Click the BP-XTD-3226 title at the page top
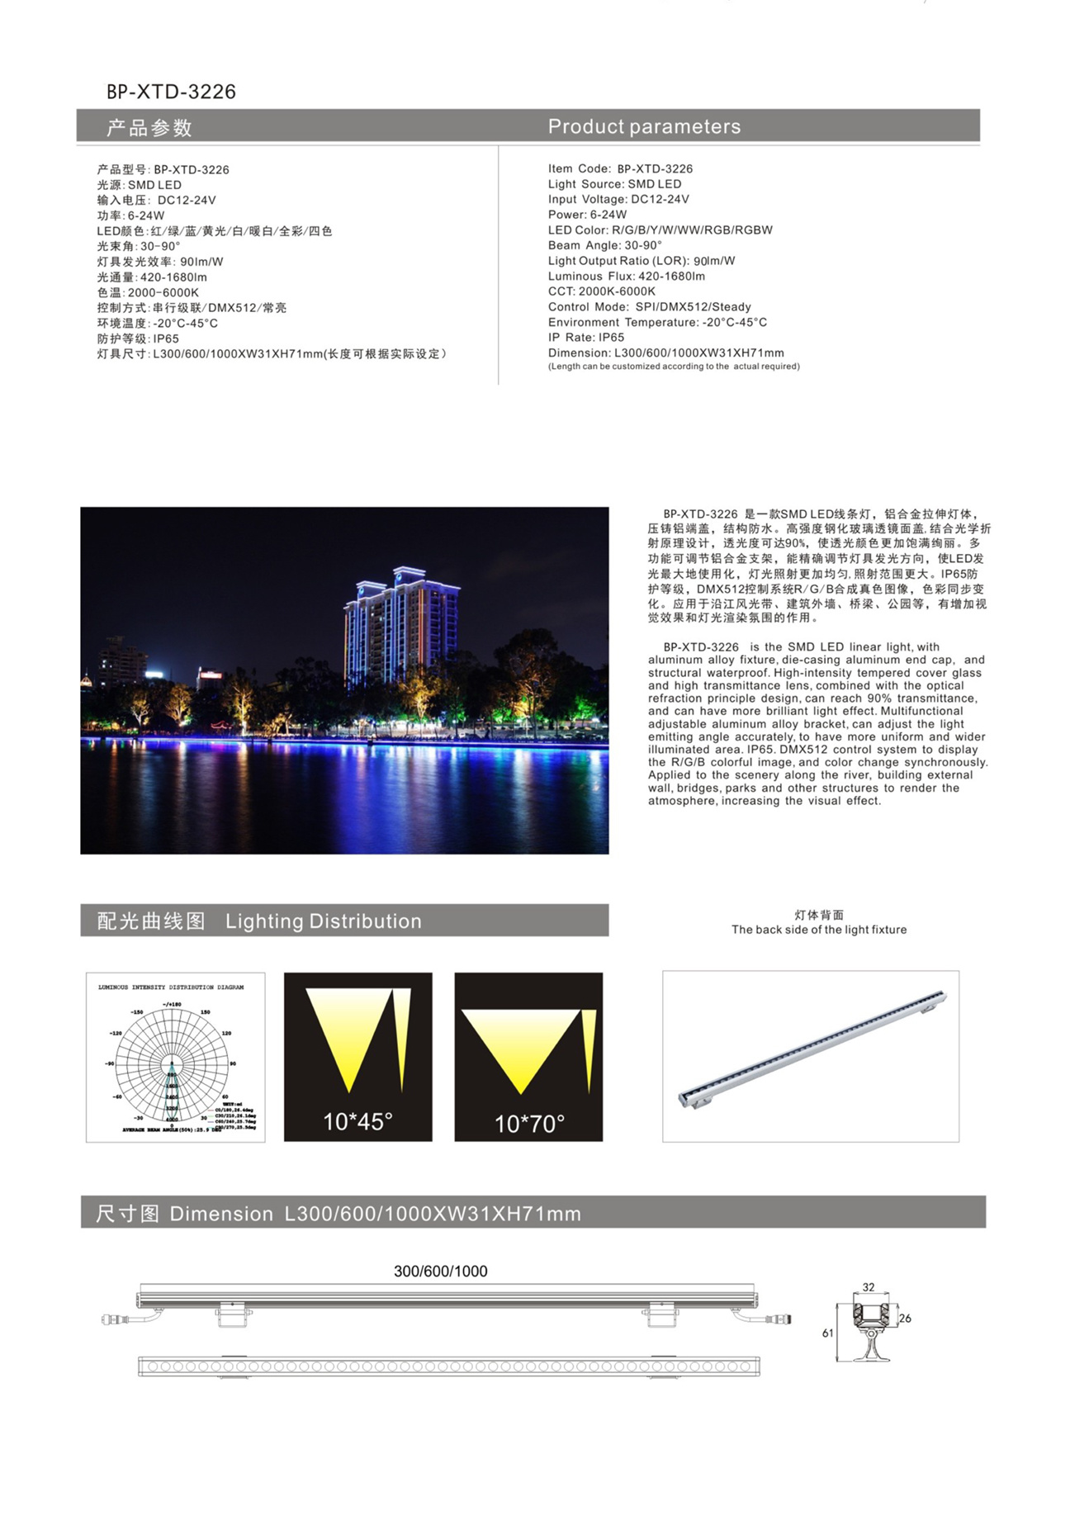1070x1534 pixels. [171, 92]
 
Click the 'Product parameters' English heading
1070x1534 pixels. [644, 126]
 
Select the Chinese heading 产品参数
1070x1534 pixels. [149, 128]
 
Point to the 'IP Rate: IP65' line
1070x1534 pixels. [585, 338]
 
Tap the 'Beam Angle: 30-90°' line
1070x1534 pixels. [604, 245]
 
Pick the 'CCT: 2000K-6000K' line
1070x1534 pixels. [601, 291]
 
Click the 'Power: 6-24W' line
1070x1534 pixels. [587, 215]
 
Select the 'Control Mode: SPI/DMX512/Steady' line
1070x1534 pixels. [649, 307]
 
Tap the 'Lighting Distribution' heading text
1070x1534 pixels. [323, 921]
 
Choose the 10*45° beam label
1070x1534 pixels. [357, 1121]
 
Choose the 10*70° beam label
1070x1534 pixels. [528, 1123]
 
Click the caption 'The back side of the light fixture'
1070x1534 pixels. [818, 930]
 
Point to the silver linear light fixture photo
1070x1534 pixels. [812, 1049]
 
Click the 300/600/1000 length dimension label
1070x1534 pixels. [440, 1271]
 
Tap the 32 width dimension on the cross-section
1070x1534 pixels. [869, 1287]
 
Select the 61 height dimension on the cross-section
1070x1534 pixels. [827, 1333]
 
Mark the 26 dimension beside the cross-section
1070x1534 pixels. [905, 1319]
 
